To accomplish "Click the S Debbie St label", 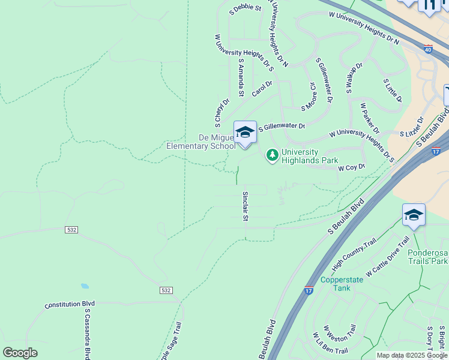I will pyautogui.click(x=246, y=8).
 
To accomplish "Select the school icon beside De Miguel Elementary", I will pyautogui.click(x=245, y=132).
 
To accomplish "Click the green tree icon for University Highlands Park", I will pyautogui.click(x=273, y=155).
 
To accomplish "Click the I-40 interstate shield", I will pyautogui.click(x=428, y=49).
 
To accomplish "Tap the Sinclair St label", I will pyautogui.click(x=245, y=206).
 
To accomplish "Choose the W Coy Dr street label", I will pyautogui.click(x=351, y=167).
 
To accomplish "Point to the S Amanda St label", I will pyautogui.click(x=241, y=77).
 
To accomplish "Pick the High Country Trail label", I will pyautogui.click(x=354, y=254).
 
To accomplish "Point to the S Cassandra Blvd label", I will pyautogui.click(x=88, y=336).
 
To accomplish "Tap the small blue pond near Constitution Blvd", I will pyautogui.click(x=85, y=287).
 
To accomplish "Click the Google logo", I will pyautogui.click(x=20, y=353).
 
